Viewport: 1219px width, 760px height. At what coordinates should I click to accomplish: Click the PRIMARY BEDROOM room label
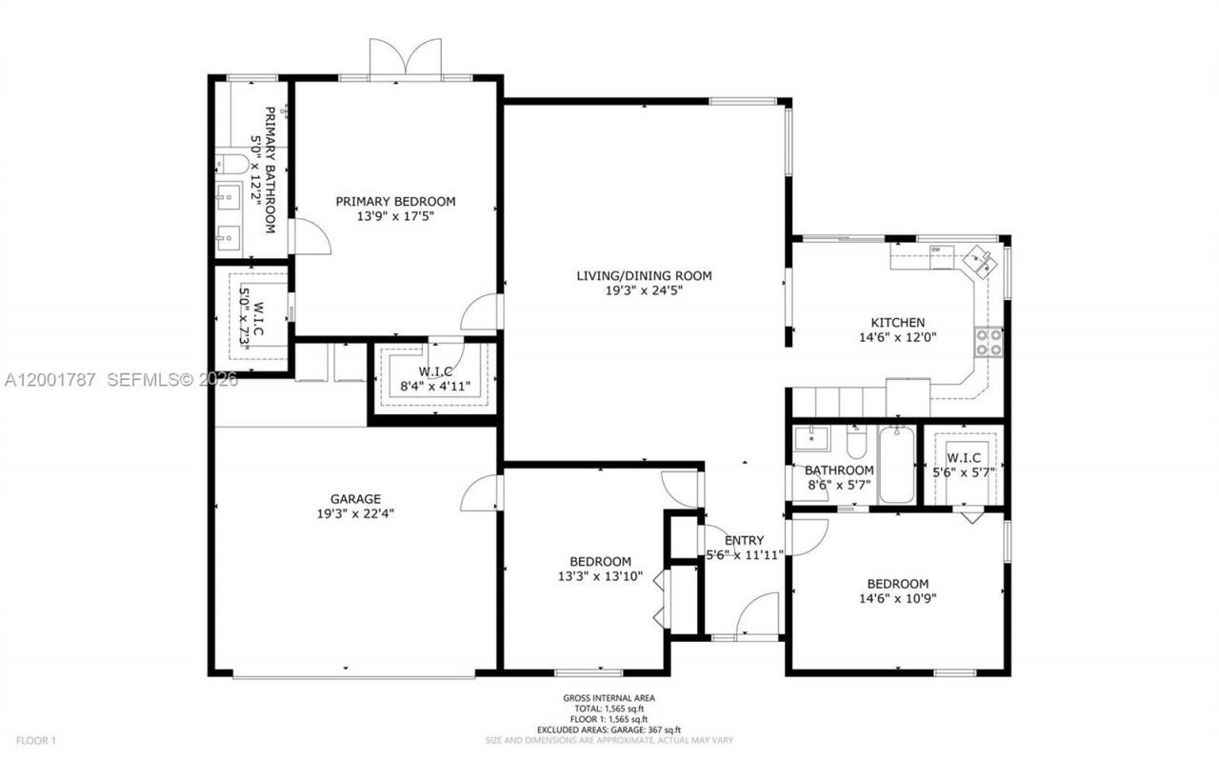(x=395, y=201)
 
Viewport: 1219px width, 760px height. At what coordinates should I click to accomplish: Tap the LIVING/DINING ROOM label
(x=644, y=276)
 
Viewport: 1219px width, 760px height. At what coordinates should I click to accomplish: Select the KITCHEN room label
(x=897, y=323)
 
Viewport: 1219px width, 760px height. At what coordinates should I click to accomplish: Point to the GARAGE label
(x=355, y=498)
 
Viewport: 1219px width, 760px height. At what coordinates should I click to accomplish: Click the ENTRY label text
(x=743, y=539)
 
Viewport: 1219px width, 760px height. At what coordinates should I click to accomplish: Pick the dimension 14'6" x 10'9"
(x=897, y=599)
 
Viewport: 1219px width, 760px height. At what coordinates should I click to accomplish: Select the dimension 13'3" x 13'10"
(x=600, y=576)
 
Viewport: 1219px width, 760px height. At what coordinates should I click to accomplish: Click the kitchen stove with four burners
(x=989, y=342)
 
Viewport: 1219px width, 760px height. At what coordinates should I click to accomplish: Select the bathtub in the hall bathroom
(x=895, y=467)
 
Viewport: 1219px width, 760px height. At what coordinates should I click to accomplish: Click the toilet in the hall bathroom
(x=855, y=444)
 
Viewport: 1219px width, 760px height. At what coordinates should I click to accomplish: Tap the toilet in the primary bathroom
(x=230, y=163)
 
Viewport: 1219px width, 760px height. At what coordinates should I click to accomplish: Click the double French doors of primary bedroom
(x=406, y=59)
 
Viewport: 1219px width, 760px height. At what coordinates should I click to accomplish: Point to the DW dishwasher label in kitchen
(x=935, y=250)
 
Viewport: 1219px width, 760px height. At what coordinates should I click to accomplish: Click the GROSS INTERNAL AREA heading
(x=609, y=698)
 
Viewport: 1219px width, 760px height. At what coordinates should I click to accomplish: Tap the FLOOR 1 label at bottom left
(x=36, y=740)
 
